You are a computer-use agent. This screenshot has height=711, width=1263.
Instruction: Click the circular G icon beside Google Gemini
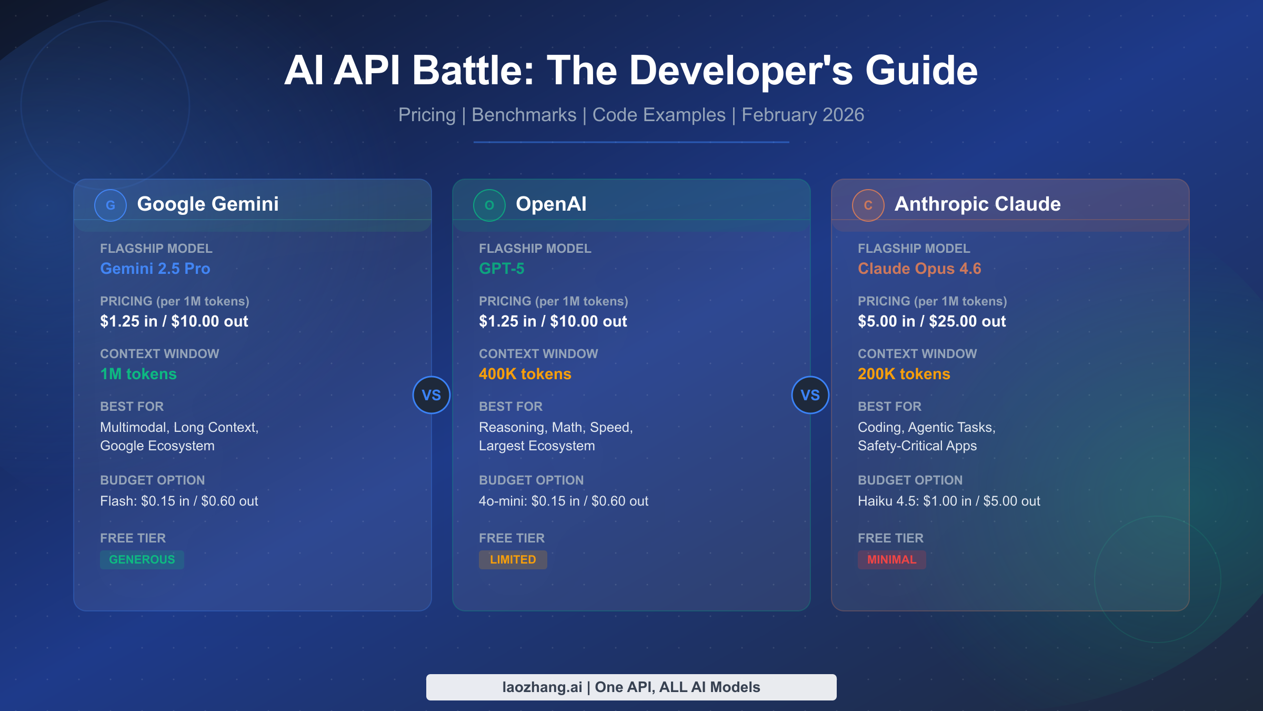[111, 205]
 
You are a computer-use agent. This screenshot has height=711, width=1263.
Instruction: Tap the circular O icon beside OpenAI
[489, 205]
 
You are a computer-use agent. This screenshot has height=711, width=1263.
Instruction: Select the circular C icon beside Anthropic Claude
[868, 205]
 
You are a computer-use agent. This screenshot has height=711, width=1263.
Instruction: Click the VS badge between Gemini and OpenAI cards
[432, 395]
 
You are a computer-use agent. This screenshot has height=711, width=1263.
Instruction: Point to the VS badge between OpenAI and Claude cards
[810, 395]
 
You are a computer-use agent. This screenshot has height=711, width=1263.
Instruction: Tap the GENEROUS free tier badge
[142, 559]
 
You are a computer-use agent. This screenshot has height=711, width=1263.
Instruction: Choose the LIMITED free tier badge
[513, 559]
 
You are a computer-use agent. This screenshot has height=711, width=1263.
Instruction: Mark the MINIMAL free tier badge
[892, 559]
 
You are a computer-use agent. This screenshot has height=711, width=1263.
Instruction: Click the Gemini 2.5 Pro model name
[155, 269]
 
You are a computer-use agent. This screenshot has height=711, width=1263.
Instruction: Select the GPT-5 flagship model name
[502, 269]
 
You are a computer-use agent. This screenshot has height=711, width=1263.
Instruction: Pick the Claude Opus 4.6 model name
[919, 269]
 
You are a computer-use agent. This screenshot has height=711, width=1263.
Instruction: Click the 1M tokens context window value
[138, 374]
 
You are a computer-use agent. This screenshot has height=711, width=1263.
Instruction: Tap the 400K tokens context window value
[525, 374]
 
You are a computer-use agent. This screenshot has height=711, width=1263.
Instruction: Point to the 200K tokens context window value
[904, 374]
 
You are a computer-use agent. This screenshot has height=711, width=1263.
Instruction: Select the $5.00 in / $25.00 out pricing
[931, 321]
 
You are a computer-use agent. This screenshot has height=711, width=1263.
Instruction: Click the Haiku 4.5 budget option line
[949, 501]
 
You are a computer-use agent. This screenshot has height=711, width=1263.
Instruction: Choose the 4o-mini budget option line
[564, 501]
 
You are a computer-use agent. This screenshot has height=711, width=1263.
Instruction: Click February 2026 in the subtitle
[803, 115]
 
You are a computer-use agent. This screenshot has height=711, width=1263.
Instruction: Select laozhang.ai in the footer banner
[542, 687]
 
